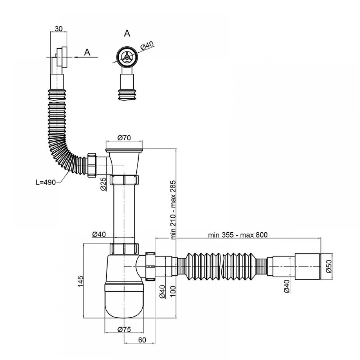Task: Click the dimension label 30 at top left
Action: click(x=59, y=29)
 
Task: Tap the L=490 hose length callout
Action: click(x=46, y=182)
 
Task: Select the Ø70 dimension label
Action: click(x=124, y=138)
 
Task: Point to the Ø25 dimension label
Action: click(x=103, y=184)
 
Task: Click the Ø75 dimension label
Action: click(x=124, y=329)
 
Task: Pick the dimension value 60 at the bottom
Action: click(x=142, y=340)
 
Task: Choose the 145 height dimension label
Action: click(x=80, y=281)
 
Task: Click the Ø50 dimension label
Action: click(x=329, y=266)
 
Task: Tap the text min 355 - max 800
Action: click(x=238, y=235)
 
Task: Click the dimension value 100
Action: click(x=173, y=291)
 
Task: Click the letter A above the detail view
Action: click(x=127, y=33)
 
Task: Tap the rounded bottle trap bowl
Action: click(x=124, y=301)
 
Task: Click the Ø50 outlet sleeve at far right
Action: click(x=308, y=266)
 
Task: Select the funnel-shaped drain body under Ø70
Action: click(x=124, y=162)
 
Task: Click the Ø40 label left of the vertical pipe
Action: click(x=99, y=234)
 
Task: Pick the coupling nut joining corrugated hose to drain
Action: click(x=93, y=165)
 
